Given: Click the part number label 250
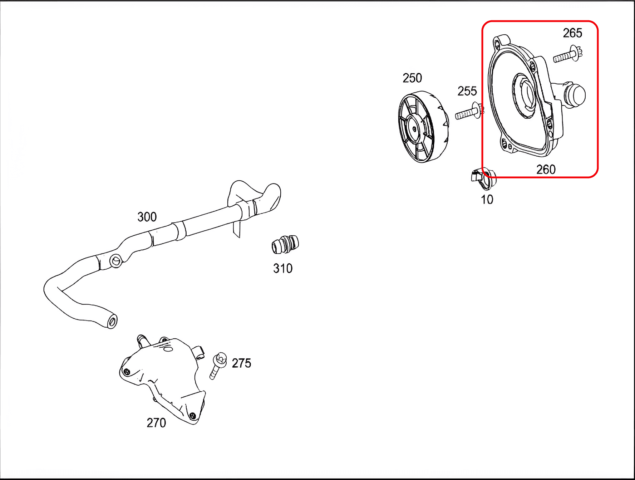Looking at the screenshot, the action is coord(412,78).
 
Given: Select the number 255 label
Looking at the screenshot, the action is coord(467,91).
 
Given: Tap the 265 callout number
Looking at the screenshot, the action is coord(572,33).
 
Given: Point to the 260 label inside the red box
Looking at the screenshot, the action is coord(546,169).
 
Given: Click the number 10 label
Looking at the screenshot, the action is coord(487,200).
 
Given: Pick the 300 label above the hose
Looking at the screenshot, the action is coord(147,217).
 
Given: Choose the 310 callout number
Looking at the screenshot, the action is coord(283,268).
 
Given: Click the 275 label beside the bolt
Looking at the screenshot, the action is coord(241,363).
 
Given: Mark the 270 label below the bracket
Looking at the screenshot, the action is coord(156,423).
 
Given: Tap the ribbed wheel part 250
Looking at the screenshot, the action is coord(423,127).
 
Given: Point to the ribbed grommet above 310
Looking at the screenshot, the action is coord(285,245).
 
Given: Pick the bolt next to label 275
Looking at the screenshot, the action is coord(218,366).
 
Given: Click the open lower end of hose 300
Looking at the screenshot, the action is coord(112,321).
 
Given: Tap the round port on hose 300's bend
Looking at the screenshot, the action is coord(115,260).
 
